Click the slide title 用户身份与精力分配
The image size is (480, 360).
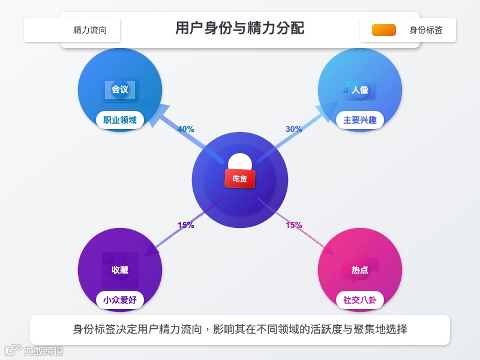[240, 28]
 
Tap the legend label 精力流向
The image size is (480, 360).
[90, 30]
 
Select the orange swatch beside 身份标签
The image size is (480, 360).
[384, 30]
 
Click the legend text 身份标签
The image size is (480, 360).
[426, 30]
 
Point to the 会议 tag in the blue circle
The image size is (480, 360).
[120, 89]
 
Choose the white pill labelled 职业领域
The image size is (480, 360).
[120, 120]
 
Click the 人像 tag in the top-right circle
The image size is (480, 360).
[360, 90]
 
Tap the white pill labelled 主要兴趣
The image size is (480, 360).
[360, 120]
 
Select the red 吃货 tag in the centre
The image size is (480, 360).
[240, 178]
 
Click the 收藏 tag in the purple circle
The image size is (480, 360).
[120, 270]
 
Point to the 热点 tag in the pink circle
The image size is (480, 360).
[360, 270]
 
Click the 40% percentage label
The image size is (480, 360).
[186, 129]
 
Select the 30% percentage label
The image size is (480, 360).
[294, 129]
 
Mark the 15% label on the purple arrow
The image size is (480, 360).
[186, 226]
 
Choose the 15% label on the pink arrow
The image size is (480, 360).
[294, 226]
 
